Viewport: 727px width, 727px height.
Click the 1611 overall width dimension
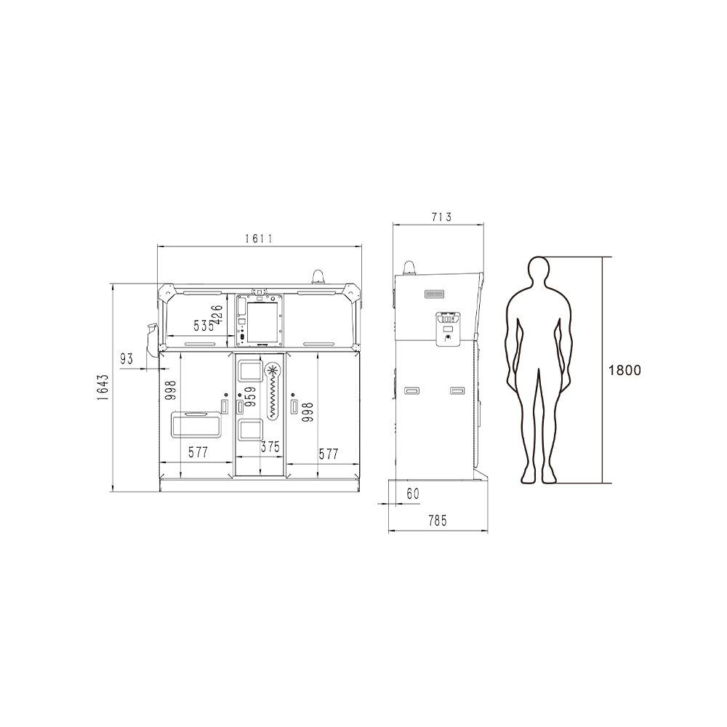(x=260, y=238)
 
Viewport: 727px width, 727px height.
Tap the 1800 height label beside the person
(x=624, y=370)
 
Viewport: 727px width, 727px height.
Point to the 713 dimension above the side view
(x=441, y=217)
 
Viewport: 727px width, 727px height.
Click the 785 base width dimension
(x=438, y=521)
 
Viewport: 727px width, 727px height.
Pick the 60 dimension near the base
(x=413, y=494)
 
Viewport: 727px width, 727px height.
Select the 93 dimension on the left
(x=126, y=358)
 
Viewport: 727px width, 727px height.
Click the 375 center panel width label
(x=270, y=447)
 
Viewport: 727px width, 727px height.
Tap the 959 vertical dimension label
(x=250, y=397)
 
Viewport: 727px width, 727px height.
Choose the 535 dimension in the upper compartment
(x=204, y=326)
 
